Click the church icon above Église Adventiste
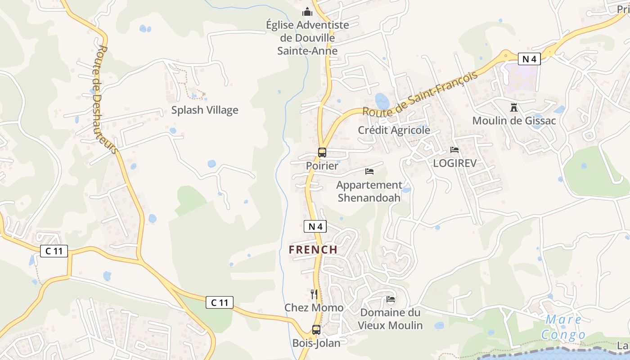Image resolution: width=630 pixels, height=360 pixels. [x=307, y=12]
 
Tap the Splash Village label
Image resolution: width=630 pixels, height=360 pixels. [x=205, y=110]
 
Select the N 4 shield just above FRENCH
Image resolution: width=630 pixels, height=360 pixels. [x=315, y=226]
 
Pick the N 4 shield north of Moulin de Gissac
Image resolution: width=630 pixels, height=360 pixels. [x=529, y=58]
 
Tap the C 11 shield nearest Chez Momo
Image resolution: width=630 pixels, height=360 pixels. [x=220, y=303]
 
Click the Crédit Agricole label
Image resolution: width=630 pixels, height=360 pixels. [x=394, y=130]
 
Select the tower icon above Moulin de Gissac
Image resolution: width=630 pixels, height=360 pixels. [x=513, y=108]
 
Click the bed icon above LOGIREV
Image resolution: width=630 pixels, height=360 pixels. [x=454, y=150]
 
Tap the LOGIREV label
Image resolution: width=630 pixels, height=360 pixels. [x=454, y=163]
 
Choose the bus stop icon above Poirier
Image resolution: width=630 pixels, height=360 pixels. [x=322, y=153]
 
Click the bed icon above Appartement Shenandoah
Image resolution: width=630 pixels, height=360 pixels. [x=369, y=171]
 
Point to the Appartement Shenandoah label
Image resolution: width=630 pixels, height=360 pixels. [x=369, y=191]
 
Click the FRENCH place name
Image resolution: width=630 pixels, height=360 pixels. [x=313, y=249]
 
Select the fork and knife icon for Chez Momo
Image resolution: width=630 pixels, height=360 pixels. [x=314, y=294]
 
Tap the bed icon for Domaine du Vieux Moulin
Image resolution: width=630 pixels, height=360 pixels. [x=391, y=299]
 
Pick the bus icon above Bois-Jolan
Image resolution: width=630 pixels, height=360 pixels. [x=316, y=330]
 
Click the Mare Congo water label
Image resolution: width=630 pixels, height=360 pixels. [x=563, y=327]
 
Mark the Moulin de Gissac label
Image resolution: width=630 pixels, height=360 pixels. [x=514, y=121]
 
